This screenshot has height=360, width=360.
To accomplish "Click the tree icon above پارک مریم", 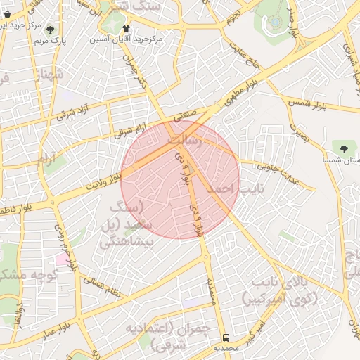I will click(51, 29).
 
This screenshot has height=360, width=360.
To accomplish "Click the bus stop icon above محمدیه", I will click(226, 337).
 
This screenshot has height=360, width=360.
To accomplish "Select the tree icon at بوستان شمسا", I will click(343, 149).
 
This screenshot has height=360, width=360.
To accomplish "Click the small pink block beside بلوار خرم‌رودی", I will click(63, 259).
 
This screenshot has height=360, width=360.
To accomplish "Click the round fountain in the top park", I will click(274, 22).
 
